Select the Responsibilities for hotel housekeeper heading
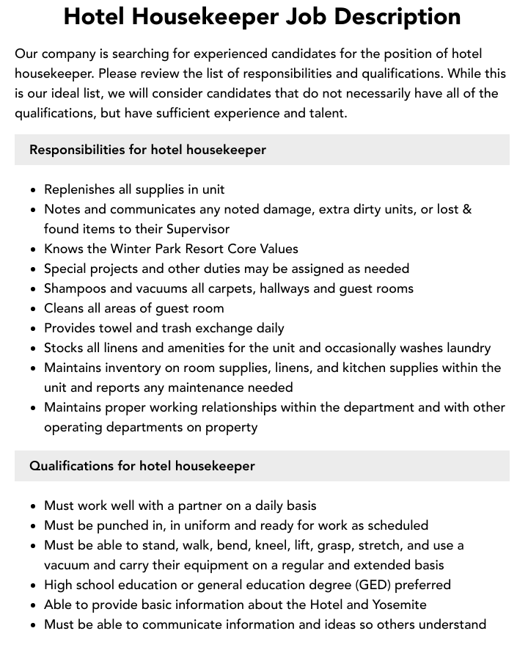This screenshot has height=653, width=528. (147, 150)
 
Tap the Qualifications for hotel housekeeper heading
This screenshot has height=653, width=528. (142, 466)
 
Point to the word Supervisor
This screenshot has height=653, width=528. (198, 229)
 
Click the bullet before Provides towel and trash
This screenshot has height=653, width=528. (34, 329)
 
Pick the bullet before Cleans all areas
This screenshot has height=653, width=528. (34, 309)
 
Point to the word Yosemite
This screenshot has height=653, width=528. (397, 605)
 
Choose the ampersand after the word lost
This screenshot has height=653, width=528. (467, 209)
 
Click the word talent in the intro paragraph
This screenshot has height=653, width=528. (323, 113)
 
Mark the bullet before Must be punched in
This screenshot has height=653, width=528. (34, 526)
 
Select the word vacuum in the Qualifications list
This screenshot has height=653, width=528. (68, 565)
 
